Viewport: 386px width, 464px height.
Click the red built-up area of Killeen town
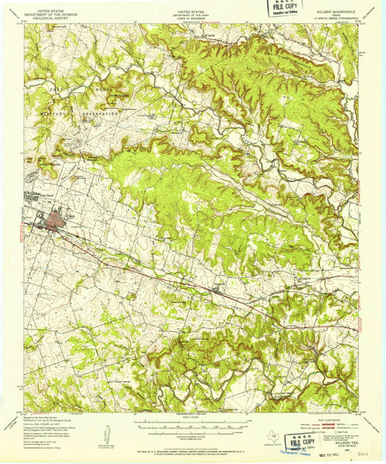(56, 225)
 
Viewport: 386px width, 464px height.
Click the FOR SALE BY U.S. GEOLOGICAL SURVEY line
(193, 443)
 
